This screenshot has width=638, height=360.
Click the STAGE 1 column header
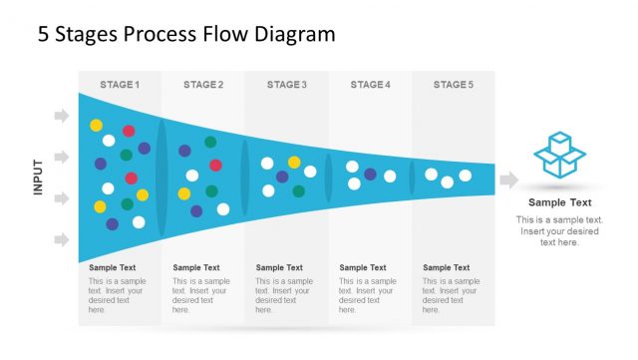[x=120, y=85]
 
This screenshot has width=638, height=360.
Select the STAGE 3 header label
[x=287, y=85]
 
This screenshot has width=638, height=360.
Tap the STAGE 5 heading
[x=454, y=85]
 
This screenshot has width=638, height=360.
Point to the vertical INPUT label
[x=38, y=177]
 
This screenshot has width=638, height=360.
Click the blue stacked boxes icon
[x=559, y=155]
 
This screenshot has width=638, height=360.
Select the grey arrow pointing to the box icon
[x=508, y=180]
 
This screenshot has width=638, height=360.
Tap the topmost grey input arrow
[x=62, y=117]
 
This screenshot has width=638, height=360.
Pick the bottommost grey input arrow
[x=62, y=239]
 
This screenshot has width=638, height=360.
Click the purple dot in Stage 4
[x=371, y=175]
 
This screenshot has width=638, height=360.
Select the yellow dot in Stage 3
[x=294, y=162]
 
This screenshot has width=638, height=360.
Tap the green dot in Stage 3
[x=299, y=190]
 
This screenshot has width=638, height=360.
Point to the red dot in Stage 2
[x=215, y=166]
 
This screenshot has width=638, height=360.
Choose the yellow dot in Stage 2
[x=184, y=193]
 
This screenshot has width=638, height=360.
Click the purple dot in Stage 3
[x=282, y=177]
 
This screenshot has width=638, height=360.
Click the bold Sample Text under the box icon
[x=559, y=202]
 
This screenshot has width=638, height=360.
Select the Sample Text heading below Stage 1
[x=113, y=267]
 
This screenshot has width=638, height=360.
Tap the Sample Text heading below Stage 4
[x=363, y=267]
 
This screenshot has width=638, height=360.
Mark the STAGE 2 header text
[x=203, y=85]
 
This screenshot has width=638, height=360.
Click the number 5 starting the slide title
[x=44, y=35]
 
